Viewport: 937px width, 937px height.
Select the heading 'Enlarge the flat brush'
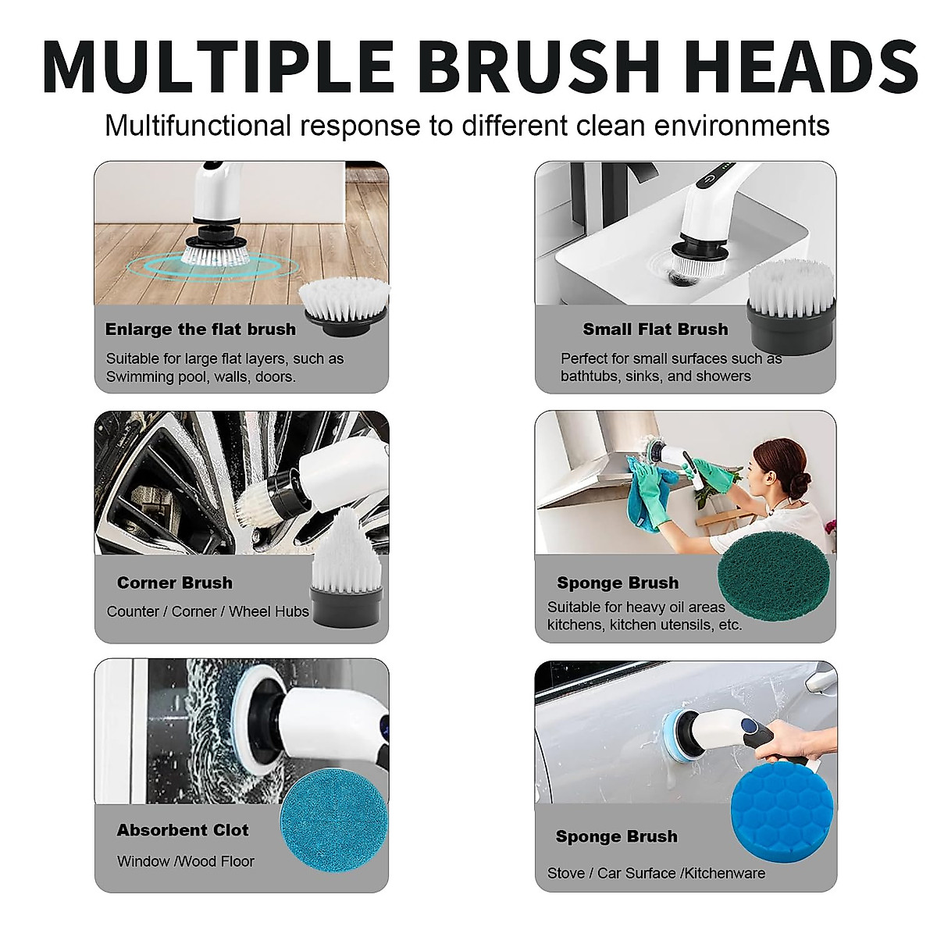(201, 330)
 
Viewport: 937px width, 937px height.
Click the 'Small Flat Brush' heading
(655, 330)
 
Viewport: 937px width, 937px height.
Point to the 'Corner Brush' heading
(175, 583)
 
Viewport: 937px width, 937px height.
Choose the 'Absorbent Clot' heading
(183, 830)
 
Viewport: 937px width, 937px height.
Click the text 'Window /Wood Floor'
(186, 861)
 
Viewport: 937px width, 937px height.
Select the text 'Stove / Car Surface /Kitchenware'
(656, 873)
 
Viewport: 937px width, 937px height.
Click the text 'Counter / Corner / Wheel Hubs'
(208, 611)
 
